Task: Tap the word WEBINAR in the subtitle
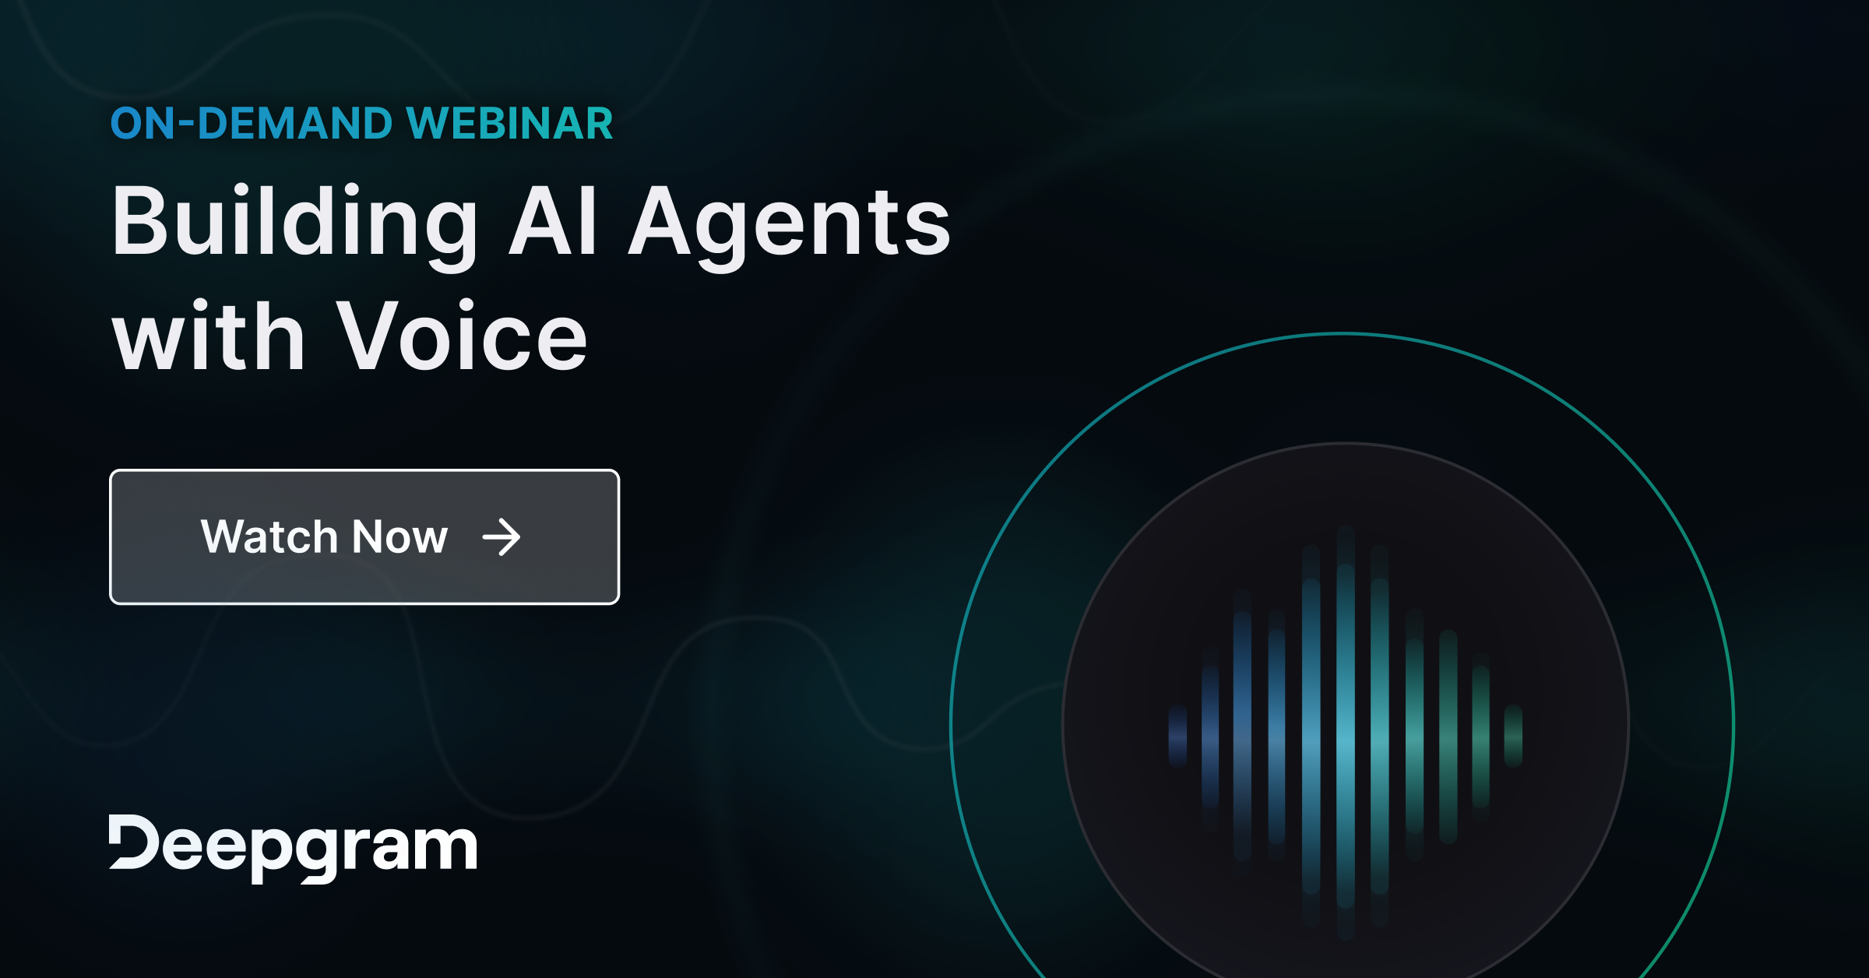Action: [x=510, y=124]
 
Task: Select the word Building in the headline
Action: [x=295, y=223]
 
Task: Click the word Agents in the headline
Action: [x=790, y=226]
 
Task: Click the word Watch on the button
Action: [x=269, y=536]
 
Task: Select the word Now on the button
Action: [x=399, y=536]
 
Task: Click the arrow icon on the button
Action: [x=501, y=537]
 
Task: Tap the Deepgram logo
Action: [x=293, y=847]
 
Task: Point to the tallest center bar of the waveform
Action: [x=1345, y=732]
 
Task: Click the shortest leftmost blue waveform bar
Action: [x=1177, y=736]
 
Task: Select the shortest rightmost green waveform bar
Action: [x=1513, y=736]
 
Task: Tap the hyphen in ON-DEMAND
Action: [x=187, y=125]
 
